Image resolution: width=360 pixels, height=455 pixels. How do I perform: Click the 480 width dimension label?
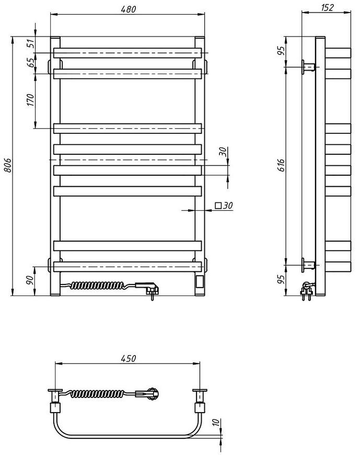(x=128, y=9)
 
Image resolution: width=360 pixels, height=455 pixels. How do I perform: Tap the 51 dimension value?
(x=31, y=43)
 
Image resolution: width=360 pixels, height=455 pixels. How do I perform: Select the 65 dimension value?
(x=31, y=62)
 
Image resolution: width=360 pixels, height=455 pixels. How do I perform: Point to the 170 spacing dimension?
(x=31, y=100)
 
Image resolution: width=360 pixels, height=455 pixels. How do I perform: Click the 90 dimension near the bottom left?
(x=30, y=280)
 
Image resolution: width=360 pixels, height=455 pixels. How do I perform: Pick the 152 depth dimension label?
(x=327, y=7)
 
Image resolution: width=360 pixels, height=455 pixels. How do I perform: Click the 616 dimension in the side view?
(x=282, y=165)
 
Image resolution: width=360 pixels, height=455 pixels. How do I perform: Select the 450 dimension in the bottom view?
(x=128, y=358)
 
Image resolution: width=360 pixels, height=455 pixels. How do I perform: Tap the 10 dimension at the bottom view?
(x=216, y=423)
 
